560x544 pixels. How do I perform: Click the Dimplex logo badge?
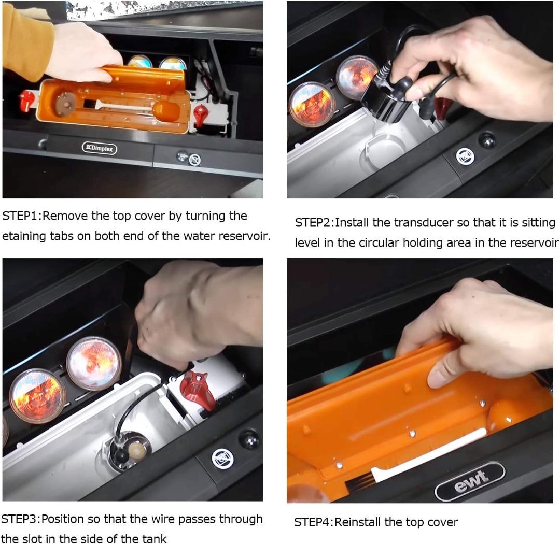(x=100, y=148)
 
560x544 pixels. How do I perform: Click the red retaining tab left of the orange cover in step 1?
(x=26, y=101)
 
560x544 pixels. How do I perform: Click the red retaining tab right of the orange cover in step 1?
(x=200, y=116)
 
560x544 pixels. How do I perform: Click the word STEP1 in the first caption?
(x=20, y=216)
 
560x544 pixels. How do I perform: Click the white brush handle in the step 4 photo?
(x=429, y=453)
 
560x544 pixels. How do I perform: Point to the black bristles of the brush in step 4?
(x=359, y=481)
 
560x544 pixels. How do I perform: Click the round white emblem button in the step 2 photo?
(x=465, y=156)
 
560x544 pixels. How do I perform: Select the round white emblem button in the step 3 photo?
(x=222, y=459)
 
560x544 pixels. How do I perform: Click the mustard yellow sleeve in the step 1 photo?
(x=25, y=40)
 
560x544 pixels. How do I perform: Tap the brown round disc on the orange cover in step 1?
(x=65, y=104)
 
